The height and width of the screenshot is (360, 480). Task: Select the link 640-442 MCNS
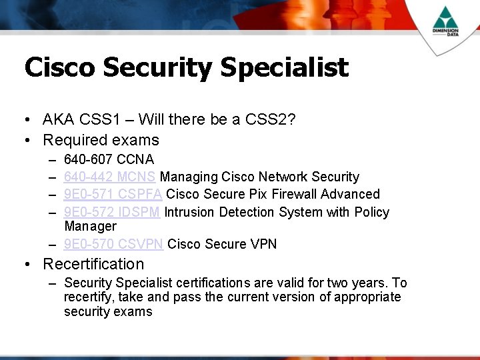(110, 177)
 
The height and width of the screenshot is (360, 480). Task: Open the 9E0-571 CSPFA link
(113, 194)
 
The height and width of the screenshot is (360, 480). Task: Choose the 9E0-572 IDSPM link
(112, 212)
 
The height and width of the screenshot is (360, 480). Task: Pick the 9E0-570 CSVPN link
(113, 244)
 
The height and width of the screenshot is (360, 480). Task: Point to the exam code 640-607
(88, 159)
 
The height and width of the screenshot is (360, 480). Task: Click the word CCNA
(135, 159)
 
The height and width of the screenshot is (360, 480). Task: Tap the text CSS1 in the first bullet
(99, 120)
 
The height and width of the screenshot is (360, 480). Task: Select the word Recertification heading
(93, 264)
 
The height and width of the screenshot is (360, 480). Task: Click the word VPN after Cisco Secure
(263, 244)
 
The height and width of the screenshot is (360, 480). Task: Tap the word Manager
(90, 227)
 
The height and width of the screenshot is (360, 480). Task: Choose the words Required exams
(101, 140)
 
